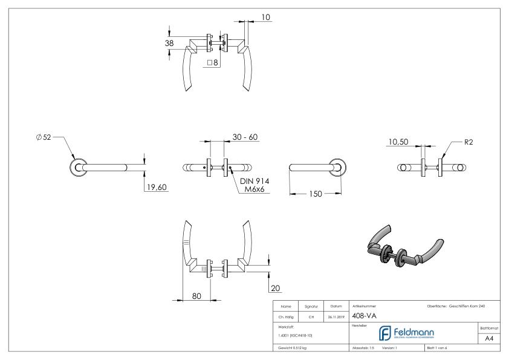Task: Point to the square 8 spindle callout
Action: tap(212, 62)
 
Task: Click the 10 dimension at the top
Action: tap(266, 18)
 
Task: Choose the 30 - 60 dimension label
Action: tap(245, 137)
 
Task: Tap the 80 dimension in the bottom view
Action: tap(197, 296)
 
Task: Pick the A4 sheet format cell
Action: tap(490, 339)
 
